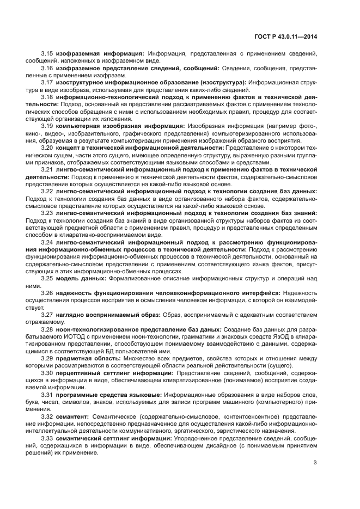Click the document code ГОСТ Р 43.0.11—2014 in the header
(286, 36)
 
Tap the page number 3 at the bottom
(315, 463)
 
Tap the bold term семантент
(73, 416)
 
